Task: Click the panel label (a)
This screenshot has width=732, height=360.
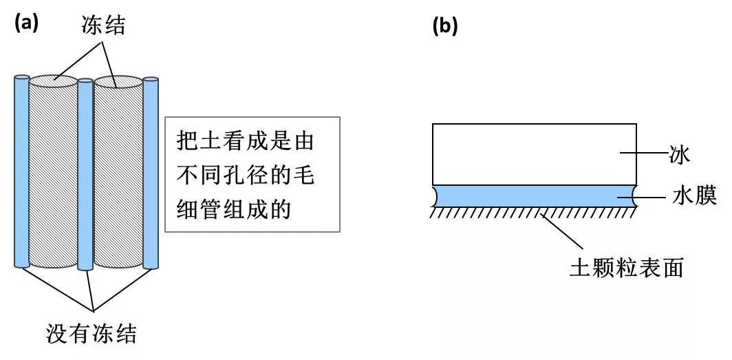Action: point(26,22)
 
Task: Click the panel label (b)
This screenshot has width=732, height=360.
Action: point(444,25)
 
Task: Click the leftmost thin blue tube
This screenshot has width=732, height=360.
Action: point(22,172)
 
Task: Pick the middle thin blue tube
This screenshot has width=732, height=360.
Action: point(85,176)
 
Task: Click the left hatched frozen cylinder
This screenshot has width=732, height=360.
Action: point(54,179)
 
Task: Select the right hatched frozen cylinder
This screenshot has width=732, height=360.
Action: point(118,179)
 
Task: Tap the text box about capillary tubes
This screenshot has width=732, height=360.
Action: point(252,173)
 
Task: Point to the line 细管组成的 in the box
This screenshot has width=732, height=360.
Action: point(235,207)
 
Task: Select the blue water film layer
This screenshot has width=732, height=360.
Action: point(534,195)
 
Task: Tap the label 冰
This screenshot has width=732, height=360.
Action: point(678,153)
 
